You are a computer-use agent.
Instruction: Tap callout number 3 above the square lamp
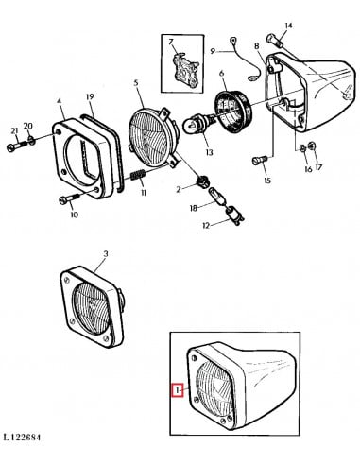[x=105, y=254]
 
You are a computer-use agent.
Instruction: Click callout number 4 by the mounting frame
[x=60, y=100]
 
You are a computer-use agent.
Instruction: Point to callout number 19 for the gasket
[x=90, y=97]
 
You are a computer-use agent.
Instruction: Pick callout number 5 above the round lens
[x=136, y=84]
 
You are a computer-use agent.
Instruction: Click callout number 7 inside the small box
[x=171, y=44]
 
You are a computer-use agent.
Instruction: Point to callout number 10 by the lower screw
[x=74, y=215]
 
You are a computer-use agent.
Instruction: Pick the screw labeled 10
[x=65, y=199]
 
